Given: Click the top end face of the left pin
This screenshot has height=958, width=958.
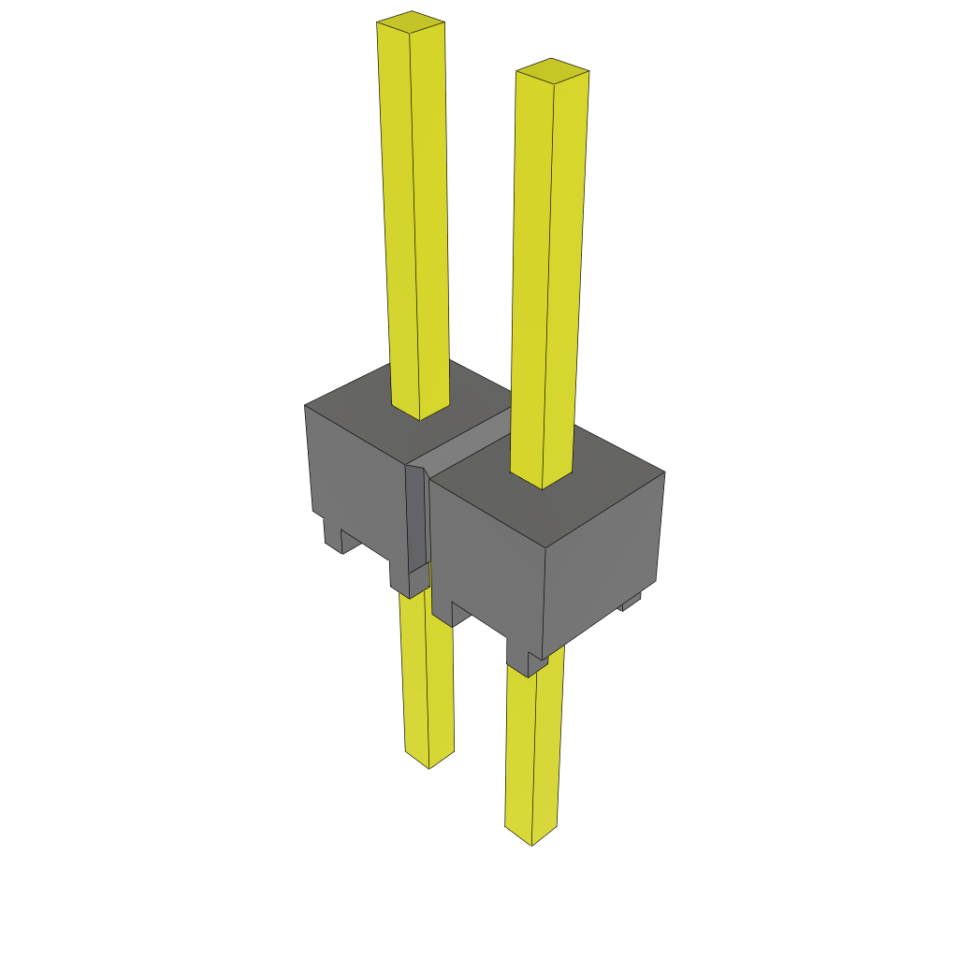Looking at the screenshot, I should [411, 22].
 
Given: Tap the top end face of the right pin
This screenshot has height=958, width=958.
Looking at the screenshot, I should [552, 70].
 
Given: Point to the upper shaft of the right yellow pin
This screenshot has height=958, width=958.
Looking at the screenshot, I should [548, 271].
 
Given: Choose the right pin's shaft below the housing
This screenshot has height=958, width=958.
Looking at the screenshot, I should [534, 748].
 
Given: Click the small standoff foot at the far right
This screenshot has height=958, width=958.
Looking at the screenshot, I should [631, 602].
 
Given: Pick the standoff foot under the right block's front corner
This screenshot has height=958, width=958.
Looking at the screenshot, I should [525, 655].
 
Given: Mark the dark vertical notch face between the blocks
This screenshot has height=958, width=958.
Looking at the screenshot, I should [415, 519].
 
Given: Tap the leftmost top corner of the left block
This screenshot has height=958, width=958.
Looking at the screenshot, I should [306, 405].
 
